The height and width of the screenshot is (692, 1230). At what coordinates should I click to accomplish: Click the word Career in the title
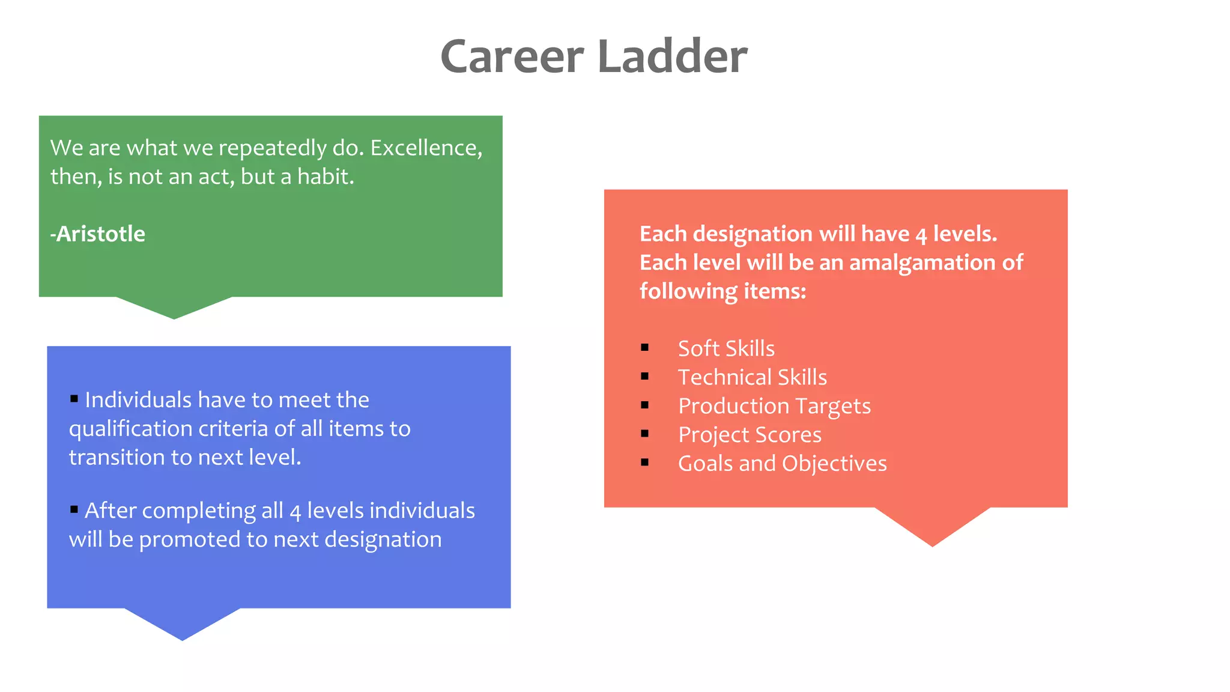512,56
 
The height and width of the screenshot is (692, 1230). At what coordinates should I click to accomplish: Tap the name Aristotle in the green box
100,234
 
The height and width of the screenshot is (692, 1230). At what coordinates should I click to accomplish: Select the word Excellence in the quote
426,148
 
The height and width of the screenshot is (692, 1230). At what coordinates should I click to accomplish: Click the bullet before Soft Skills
644,348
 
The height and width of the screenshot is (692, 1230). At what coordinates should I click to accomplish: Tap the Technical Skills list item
752,377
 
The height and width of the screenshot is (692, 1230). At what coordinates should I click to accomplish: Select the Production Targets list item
774,406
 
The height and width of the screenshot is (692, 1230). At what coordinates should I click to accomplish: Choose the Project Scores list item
749,435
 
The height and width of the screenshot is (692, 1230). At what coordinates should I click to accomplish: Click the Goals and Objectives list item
782,464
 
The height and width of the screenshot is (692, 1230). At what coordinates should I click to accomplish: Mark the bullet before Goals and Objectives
644,463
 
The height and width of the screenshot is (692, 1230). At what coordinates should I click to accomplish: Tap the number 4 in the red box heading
921,235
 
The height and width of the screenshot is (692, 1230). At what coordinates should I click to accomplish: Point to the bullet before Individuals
74,398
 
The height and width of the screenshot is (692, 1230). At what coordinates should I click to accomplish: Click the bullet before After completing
74,509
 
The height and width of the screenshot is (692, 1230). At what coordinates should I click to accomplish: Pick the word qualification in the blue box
130,429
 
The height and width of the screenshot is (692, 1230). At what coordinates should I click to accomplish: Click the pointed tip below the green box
174,317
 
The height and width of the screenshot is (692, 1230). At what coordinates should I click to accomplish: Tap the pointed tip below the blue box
183,637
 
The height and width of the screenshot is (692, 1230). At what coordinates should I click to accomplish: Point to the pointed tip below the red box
932,543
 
